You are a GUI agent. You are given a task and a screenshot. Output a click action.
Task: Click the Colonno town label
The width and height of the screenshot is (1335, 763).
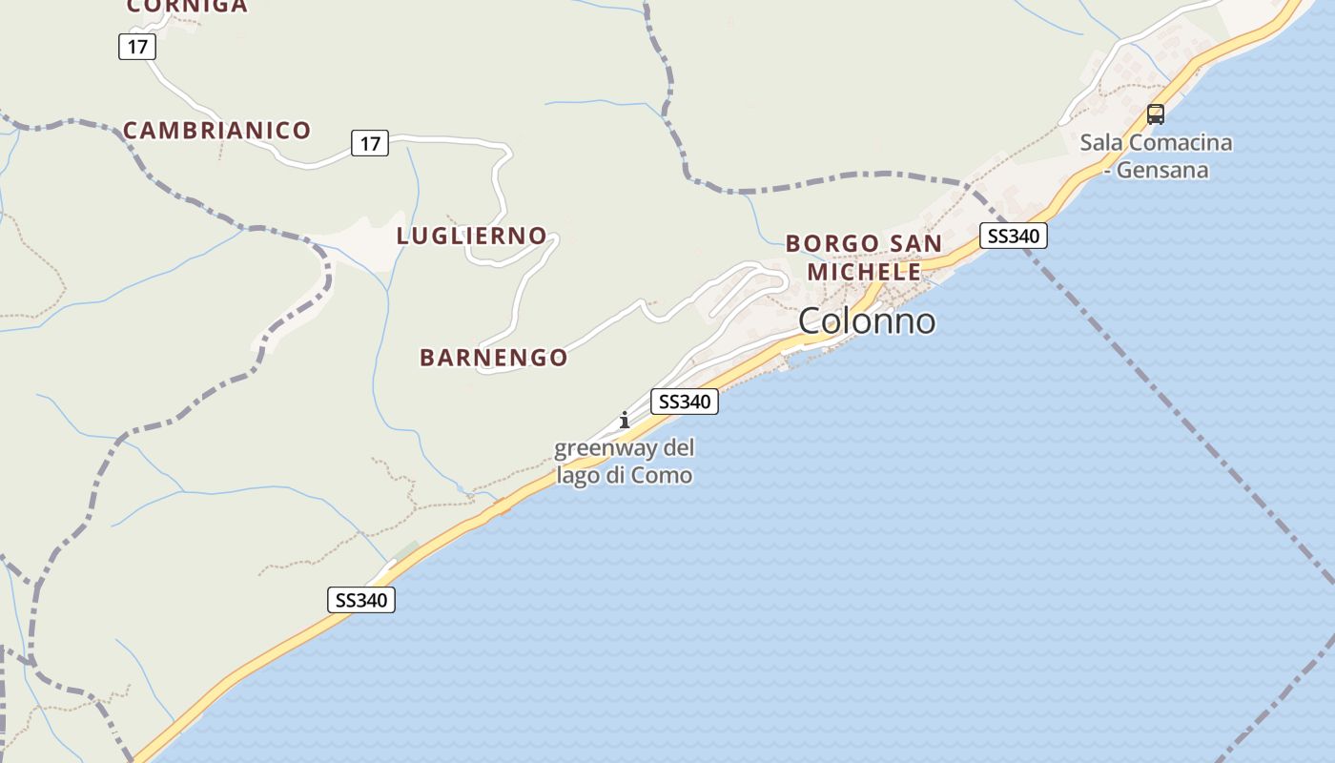click(x=866, y=321)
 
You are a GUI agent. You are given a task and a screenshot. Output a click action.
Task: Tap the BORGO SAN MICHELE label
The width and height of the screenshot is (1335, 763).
click(x=864, y=258)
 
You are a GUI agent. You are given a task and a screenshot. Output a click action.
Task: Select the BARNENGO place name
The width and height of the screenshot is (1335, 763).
click(x=494, y=358)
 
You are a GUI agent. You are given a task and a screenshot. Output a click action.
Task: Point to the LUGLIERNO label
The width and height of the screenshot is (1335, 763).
click(x=471, y=236)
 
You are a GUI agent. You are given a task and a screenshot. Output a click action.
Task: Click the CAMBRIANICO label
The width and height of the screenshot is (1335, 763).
click(x=217, y=131)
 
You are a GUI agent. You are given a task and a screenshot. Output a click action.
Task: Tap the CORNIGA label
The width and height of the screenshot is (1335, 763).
click(x=187, y=7)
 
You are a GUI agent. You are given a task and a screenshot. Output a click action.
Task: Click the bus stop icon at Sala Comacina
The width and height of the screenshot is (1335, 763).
click(x=1156, y=114)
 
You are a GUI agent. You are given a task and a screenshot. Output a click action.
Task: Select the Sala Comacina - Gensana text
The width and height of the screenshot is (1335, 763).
click(x=1156, y=156)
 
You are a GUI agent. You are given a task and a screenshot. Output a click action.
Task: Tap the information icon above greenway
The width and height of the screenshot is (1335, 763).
click(x=625, y=420)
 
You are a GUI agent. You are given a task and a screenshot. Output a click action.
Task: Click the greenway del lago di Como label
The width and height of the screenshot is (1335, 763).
click(x=625, y=461)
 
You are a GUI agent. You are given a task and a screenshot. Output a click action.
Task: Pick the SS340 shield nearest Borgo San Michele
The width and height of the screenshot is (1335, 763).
click(x=1013, y=236)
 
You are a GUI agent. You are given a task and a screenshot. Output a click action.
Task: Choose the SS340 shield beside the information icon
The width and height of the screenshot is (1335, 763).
click(x=684, y=402)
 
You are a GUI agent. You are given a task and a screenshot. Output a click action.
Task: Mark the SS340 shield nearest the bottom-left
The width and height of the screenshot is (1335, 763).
click(x=361, y=600)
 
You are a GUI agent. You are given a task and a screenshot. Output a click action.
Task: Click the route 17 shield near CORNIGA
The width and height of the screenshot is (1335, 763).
click(x=137, y=46)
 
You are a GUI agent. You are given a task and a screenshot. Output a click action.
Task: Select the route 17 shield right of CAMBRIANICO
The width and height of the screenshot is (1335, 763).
click(x=370, y=144)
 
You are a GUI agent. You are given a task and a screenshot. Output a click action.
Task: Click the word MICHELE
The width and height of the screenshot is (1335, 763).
click(x=864, y=272)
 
